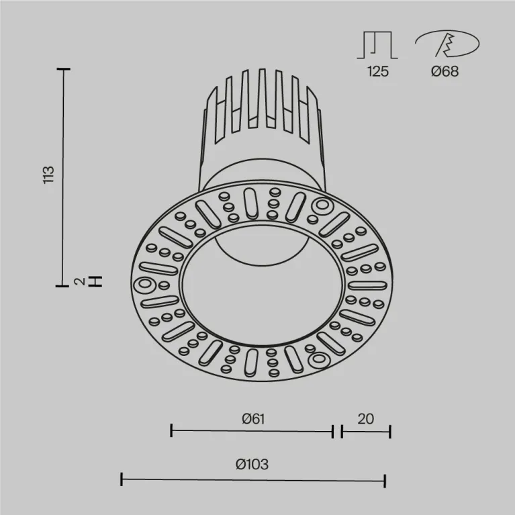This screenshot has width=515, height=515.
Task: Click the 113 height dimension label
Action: coord(48,175)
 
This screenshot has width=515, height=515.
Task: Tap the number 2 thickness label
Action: coord(80,282)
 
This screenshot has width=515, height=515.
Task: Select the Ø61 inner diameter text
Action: coord(252,418)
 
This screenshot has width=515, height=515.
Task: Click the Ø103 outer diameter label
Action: coord(252,464)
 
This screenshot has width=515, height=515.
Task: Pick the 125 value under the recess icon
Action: coord(377,72)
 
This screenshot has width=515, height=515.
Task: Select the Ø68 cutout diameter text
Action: coord(444,72)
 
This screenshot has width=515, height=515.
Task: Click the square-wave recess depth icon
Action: coord(377,45)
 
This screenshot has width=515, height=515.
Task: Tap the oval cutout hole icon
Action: coord(447,45)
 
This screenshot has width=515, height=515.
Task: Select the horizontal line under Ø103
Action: coord(252,479)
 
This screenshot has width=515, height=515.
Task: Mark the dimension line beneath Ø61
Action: coord(252,431)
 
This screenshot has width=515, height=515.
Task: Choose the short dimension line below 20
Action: coord(365,431)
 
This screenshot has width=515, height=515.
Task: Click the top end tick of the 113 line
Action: coord(64,69)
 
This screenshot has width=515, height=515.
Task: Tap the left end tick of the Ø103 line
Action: coord(122,479)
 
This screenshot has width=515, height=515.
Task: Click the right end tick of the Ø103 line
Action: coord(385,479)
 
